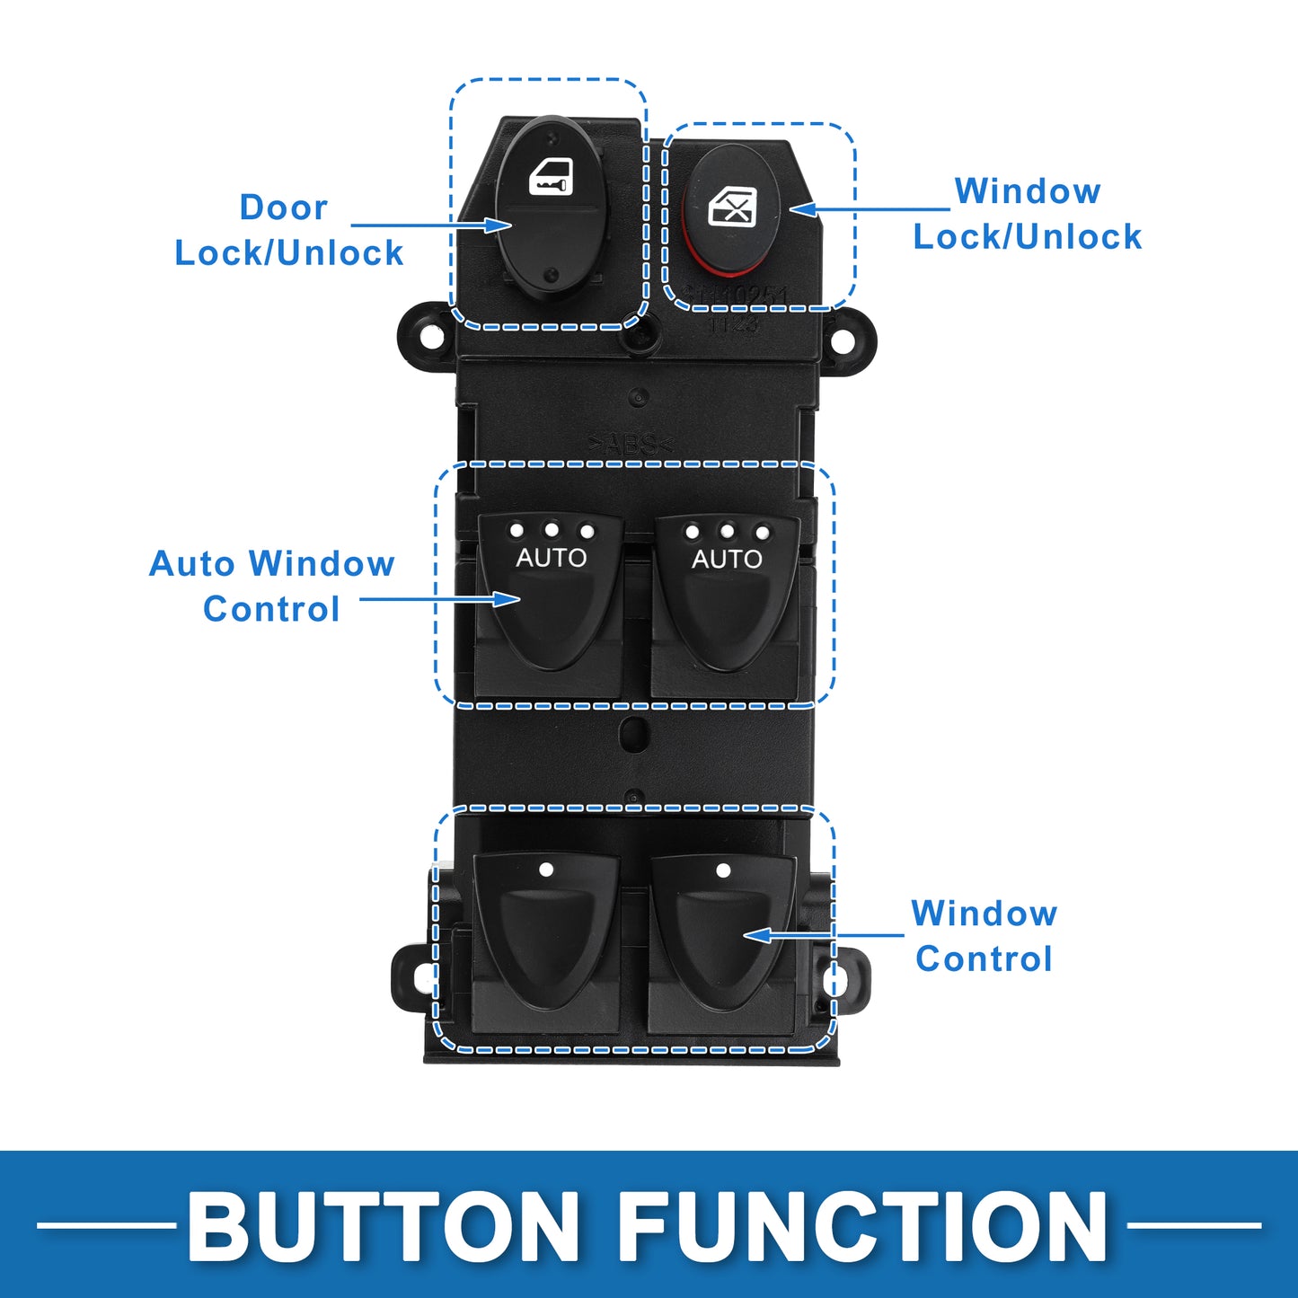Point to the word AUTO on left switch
(551, 558)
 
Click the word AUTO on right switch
(727, 559)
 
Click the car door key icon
(551, 177)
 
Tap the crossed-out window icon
(732, 208)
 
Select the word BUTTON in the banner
(384, 1227)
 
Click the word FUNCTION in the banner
(862, 1227)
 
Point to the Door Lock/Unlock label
(288, 230)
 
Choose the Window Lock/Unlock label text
(1028, 214)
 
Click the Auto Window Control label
(271, 586)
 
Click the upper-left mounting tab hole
(431, 339)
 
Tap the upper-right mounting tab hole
(843, 340)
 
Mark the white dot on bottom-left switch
(546, 870)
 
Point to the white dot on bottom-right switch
(723, 870)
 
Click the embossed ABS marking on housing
(631, 443)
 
